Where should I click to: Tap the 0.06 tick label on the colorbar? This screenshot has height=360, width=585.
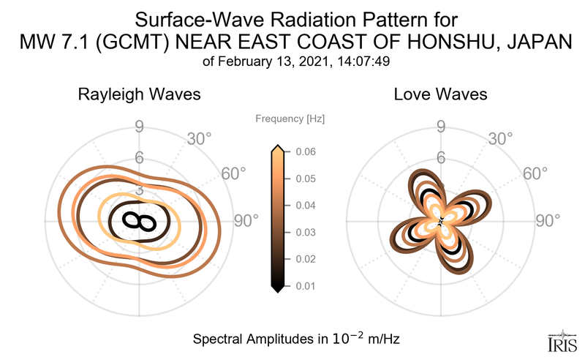tap(306, 152)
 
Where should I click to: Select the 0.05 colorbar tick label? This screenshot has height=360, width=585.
tap(306, 179)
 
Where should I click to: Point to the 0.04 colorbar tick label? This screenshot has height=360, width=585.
tap(306, 206)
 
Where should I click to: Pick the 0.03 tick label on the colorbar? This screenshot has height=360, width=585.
tap(306, 232)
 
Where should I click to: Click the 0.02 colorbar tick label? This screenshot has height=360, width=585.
tap(306, 259)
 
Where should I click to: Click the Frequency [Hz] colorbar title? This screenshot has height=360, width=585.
tap(290, 118)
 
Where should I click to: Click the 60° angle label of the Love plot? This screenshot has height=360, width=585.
tap(535, 173)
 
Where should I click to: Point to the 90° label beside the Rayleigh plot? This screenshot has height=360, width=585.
tap(246, 221)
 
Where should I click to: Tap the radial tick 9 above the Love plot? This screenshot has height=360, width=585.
tap(440, 127)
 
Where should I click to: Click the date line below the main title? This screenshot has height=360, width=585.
tap(294, 62)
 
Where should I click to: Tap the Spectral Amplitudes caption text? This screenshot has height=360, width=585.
tap(295, 340)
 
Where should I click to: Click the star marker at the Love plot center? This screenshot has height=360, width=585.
tap(440, 221)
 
